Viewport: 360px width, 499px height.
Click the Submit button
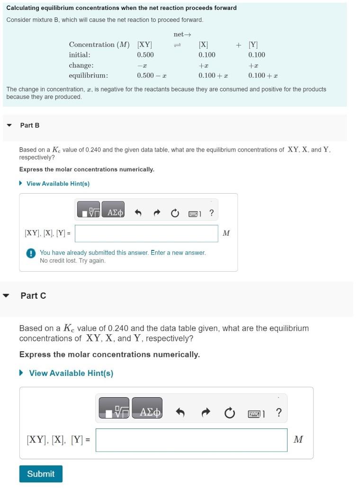click(41, 474)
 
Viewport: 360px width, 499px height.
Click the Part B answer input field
click(146, 233)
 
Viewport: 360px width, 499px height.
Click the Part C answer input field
click(191, 440)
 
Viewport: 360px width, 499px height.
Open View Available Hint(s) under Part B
click(58, 184)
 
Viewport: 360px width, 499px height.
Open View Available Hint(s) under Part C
click(71, 374)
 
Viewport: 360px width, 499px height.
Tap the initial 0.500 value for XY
click(145, 55)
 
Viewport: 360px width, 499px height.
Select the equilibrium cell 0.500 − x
click(151, 76)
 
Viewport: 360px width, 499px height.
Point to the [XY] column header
click(144, 45)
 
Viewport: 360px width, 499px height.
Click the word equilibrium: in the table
click(88, 76)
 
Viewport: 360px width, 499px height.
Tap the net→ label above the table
click(182, 35)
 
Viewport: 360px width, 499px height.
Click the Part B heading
click(30, 125)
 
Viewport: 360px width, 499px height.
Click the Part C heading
click(33, 296)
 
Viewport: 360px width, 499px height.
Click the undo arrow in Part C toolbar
click(180, 413)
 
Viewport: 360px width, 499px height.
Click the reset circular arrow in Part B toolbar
click(175, 214)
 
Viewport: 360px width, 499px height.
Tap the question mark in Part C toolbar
click(279, 413)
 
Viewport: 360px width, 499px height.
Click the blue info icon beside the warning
click(31, 253)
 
